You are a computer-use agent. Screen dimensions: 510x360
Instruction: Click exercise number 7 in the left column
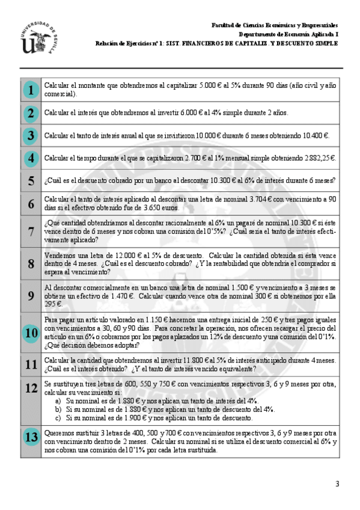31,232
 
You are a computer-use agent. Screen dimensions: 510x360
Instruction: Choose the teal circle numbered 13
30,437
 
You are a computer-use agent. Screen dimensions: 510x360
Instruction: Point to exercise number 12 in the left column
31,387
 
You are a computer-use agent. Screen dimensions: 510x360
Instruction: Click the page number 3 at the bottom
337,484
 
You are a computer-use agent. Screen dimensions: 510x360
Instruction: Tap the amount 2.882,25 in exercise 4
317,158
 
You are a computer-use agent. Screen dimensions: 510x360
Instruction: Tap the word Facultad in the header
223,26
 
